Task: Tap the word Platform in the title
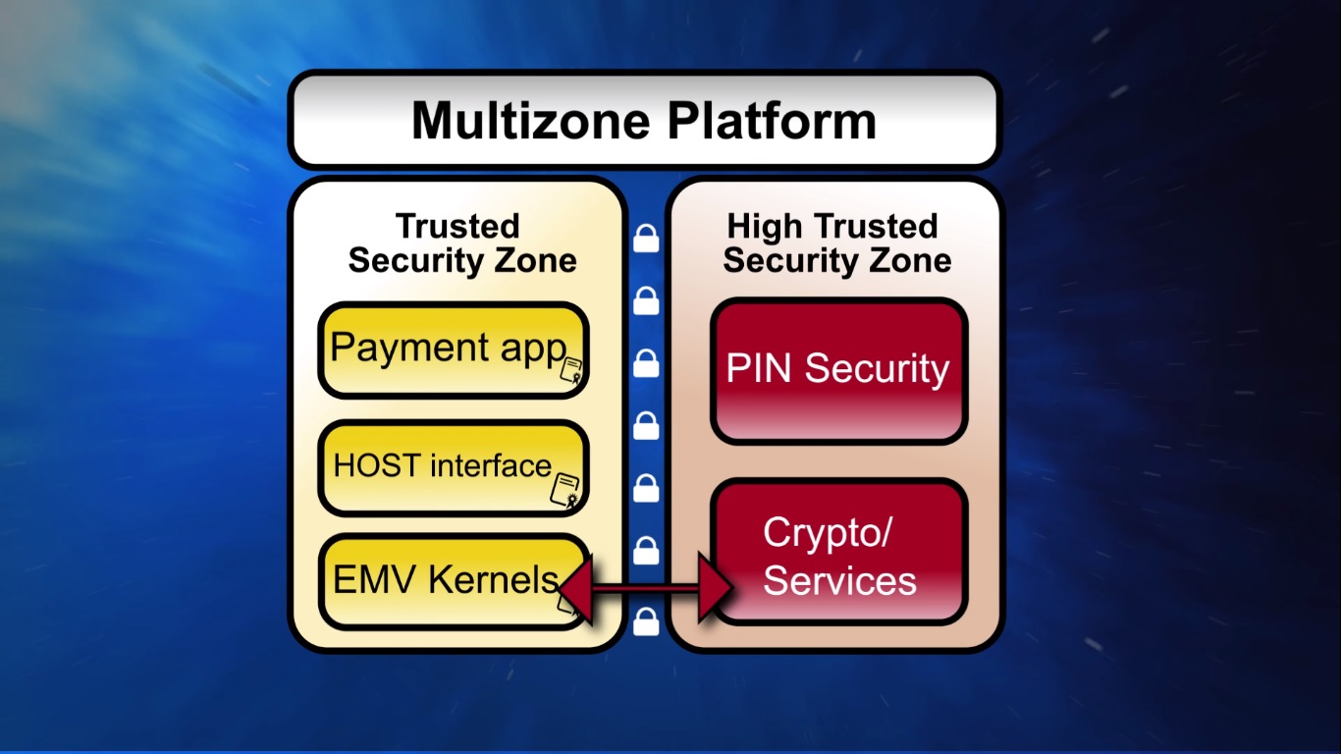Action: pyautogui.click(x=772, y=121)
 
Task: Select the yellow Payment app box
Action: pyautogui.click(x=453, y=350)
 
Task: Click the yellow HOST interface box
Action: pyautogui.click(x=453, y=467)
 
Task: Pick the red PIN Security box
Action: pyautogui.click(x=838, y=370)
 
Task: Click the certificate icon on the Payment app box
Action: pyautogui.click(x=570, y=371)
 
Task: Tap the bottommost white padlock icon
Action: pyautogui.click(x=646, y=620)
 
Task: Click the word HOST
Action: pyautogui.click(x=365, y=464)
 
